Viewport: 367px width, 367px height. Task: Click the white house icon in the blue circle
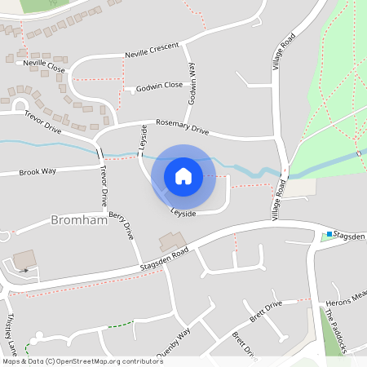[x=183, y=176]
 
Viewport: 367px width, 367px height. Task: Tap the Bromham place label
[x=78, y=220]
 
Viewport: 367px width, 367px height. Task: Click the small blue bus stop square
[x=329, y=235]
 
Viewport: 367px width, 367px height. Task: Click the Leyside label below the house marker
[x=183, y=213]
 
